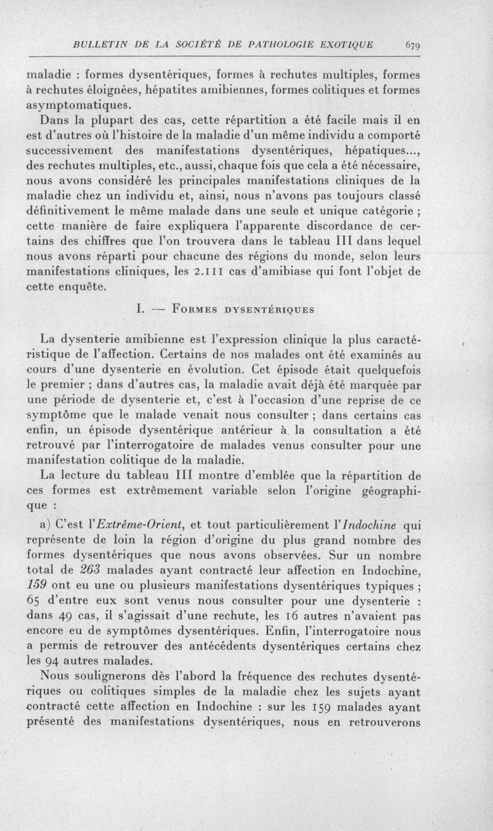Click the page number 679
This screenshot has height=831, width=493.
tap(412, 44)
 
